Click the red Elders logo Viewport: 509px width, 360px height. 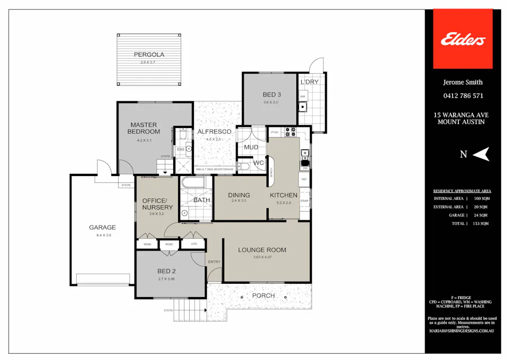coord(462,39)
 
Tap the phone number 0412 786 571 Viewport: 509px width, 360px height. coord(463,96)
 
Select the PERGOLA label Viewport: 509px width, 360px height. coord(149,54)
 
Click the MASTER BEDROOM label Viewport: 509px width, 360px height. coord(143,128)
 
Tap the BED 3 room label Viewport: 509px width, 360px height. coord(271,94)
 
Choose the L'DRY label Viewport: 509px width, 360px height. coord(309,82)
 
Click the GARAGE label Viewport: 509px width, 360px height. coord(102,227)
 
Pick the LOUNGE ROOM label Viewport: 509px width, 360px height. coord(262,250)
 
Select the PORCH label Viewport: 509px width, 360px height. coord(263,295)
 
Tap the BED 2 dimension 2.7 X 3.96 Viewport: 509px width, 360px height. coord(166,278)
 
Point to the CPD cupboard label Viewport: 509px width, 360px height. coord(193,244)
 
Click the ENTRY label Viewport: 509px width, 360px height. coord(214,261)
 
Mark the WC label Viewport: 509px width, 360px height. coord(258,162)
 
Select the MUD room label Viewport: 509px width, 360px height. coord(251,147)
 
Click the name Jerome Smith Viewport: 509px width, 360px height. coord(463,82)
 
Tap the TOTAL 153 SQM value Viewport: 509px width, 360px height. coord(481,224)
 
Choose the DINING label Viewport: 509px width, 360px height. coord(239,195)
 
